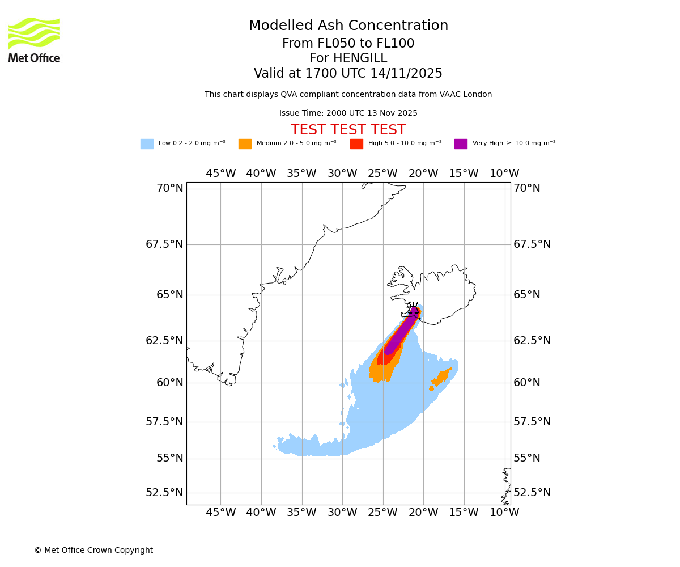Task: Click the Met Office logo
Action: [x=34, y=40]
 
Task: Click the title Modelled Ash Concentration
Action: [x=348, y=26]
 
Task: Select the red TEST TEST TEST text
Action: [x=348, y=130]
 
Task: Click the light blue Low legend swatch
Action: [x=147, y=144]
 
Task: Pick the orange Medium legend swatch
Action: [x=245, y=144]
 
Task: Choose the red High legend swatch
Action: [x=356, y=144]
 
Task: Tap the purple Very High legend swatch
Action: [x=461, y=144]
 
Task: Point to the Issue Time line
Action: [x=348, y=113]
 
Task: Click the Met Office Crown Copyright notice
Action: [x=93, y=551]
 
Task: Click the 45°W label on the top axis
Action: [x=220, y=174]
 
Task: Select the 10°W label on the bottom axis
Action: [x=504, y=513]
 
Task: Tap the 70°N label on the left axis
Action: [x=169, y=188]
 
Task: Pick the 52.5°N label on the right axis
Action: [x=532, y=493]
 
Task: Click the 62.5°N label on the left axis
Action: [x=164, y=341]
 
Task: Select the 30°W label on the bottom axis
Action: [x=342, y=513]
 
